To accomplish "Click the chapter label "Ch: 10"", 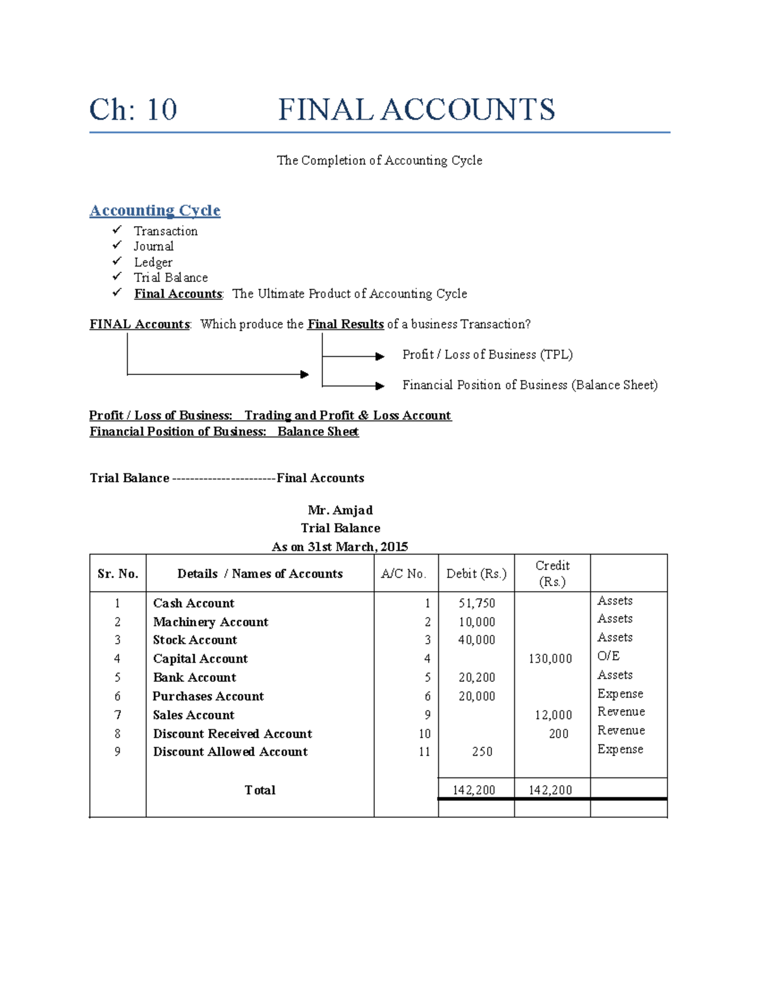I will (x=133, y=110).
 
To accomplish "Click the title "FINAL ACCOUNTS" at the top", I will (x=416, y=110).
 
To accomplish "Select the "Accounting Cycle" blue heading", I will (x=155, y=210).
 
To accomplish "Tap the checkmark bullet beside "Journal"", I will (x=117, y=245).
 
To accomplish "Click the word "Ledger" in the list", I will (x=153, y=262).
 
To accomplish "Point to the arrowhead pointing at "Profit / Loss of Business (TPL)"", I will (x=380, y=357).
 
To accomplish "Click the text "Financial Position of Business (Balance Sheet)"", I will (x=529, y=385).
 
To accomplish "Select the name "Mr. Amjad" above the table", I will (x=340, y=510).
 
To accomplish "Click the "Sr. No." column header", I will (x=118, y=574).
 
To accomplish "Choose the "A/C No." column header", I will (x=403, y=574).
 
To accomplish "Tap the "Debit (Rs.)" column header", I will (x=476, y=574).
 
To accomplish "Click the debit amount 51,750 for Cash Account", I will (x=476, y=603).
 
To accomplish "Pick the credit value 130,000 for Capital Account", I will (x=550, y=659).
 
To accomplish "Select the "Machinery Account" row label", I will (x=210, y=622).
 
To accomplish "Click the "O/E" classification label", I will (x=608, y=656).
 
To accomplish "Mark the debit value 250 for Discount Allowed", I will (x=482, y=752).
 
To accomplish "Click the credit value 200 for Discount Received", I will (x=559, y=734).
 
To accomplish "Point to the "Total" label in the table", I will (x=260, y=790).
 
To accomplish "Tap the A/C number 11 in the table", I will (x=424, y=752).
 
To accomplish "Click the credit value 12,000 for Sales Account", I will (x=554, y=715).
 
